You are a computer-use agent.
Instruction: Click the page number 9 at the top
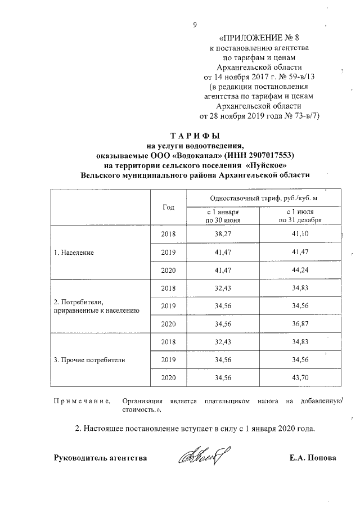pyautogui.click(x=195, y=25)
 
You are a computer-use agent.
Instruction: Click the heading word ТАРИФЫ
pyautogui.click(x=194, y=136)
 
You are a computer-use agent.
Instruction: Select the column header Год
pyautogui.click(x=168, y=206)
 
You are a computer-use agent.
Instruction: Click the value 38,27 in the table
pyautogui.click(x=224, y=233)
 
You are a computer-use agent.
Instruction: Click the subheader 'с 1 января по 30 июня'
pyautogui.click(x=224, y=217)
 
